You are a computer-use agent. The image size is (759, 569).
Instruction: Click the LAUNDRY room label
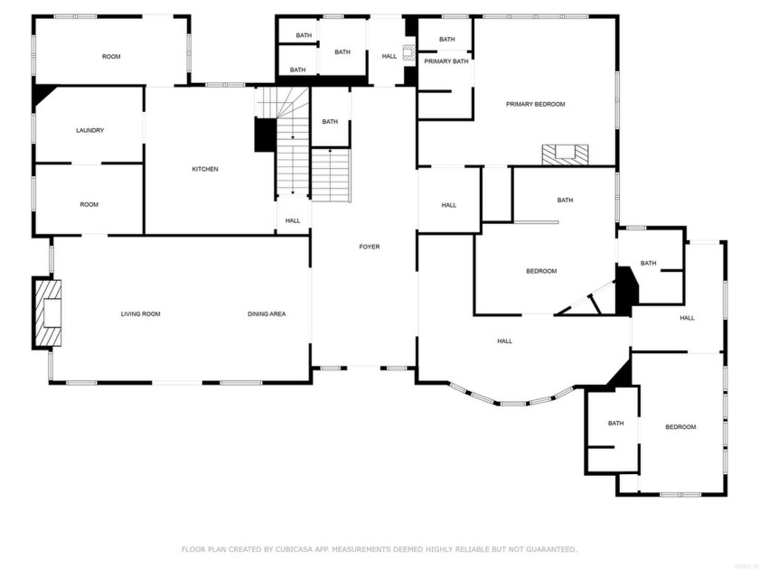pyautogui.click(x=89, y=130)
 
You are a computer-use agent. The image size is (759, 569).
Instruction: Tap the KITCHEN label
pyautogui.click(x=205, y=169)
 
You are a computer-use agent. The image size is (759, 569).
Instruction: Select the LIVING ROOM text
pyautogui.click(x=140, y=314)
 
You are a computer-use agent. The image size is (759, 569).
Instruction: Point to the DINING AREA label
pyautogui.click(x=267, y=314)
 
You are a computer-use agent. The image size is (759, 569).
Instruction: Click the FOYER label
pyautogui.click(x=370, y=247)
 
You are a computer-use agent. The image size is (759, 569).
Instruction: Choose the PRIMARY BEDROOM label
pyautogui.click(x=535, y=104)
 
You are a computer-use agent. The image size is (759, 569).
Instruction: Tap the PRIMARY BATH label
pyautogui.click(x=446, y=61)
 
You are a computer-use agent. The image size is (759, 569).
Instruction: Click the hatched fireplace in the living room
pyautogui.click(x=48, y=313)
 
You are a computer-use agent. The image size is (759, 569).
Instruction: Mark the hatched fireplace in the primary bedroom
pyautogui.click(x=565, y=154)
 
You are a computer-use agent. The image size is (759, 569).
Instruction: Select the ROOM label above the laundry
pyautogui.click(x=111, y=57)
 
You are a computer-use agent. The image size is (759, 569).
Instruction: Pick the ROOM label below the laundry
pyautogui.click(x=89, y=204)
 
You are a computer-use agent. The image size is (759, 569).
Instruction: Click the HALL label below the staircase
pyautogui.click(x=293, y=220)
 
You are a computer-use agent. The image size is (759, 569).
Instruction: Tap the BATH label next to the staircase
pyautogui.click(x=330, y=122)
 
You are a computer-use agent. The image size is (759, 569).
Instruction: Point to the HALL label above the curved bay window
pyautogui.click(x=504, y=340)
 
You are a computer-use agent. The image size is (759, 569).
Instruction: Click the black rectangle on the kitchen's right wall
pyautogui.click(x=265, y=135)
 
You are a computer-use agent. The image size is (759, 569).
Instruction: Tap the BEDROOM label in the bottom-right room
pyautogui.click(x=680, y=427)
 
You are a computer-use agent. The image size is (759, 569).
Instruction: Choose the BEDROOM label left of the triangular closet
pyautogui.click(x=541, y=271)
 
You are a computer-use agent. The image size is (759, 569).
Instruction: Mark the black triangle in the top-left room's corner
pyautogui.click(x=41, y=95)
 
